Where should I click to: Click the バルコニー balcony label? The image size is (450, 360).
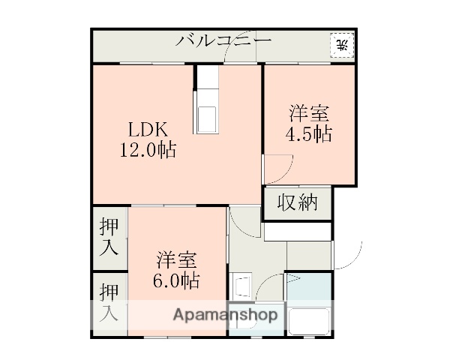point(223,40)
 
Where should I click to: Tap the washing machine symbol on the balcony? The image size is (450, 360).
point(341,44)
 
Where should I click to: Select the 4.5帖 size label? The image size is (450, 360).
point(308,134)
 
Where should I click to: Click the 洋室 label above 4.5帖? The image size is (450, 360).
point(308,115)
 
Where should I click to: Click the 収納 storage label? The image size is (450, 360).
point(297,202)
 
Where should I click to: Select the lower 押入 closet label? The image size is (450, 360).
point(109,303)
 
